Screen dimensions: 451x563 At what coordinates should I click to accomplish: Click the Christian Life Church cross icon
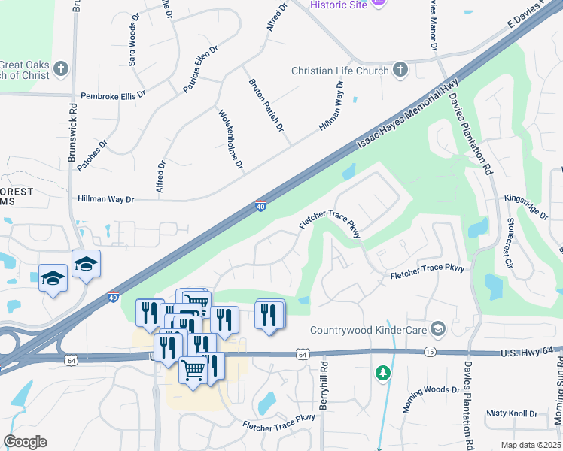(x=400, y=71)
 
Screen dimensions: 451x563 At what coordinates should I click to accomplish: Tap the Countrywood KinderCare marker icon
(x=438, y=328)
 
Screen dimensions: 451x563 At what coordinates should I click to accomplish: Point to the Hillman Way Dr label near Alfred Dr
(x=105, y=199)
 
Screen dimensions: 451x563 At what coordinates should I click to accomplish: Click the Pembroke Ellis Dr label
(x=113, y=95)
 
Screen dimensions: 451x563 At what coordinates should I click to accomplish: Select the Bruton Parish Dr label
(x=266, y=104)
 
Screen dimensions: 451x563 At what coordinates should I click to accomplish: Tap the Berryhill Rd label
(x=324, y=387)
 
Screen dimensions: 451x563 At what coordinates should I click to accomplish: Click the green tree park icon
(x=383, y=372)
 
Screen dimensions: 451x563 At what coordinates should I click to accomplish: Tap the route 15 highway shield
(x=429, y=352)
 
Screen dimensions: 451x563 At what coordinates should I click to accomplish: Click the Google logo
(x=25, y=442)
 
